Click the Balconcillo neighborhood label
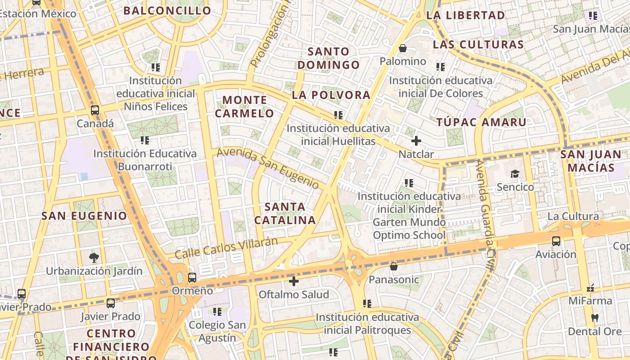167,10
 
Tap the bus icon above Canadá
95,110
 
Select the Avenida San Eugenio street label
268,168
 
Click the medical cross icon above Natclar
416,141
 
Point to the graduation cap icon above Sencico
515,174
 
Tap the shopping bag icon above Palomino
403,48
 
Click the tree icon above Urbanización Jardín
94,258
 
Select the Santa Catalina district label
285,213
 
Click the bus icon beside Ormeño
192,278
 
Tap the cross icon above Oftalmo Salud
294,282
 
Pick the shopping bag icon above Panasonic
394,266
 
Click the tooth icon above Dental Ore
594,318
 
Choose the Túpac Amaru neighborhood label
481,122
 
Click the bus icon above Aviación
556,241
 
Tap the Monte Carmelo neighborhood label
244,106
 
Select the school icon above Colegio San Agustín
217,311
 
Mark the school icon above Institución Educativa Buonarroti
144,140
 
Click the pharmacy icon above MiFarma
590,288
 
